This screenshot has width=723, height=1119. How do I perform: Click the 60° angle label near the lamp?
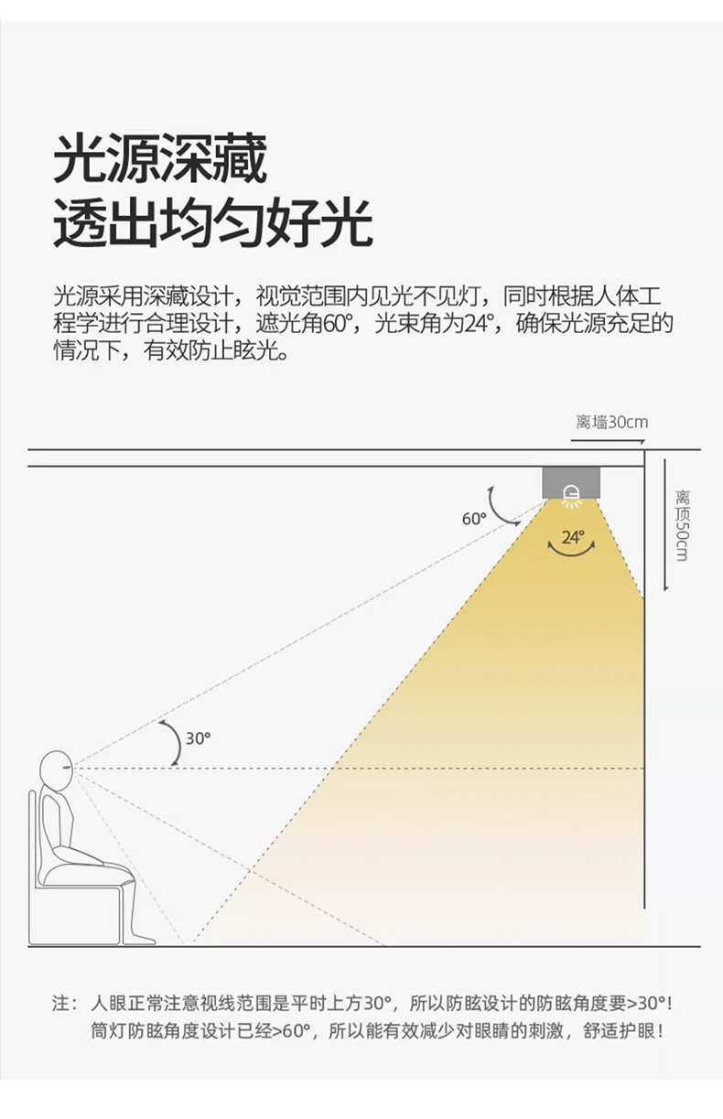(x=473, y=519)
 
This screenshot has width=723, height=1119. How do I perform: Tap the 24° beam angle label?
(x=572, y=537)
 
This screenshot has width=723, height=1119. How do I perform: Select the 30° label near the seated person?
(x=198, y=737)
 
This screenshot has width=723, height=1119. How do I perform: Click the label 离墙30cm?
(x=611, y=422)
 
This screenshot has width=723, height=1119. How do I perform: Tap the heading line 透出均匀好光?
(x=213, y=222)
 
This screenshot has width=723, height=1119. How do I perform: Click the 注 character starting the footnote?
(x=61, y=1003)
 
